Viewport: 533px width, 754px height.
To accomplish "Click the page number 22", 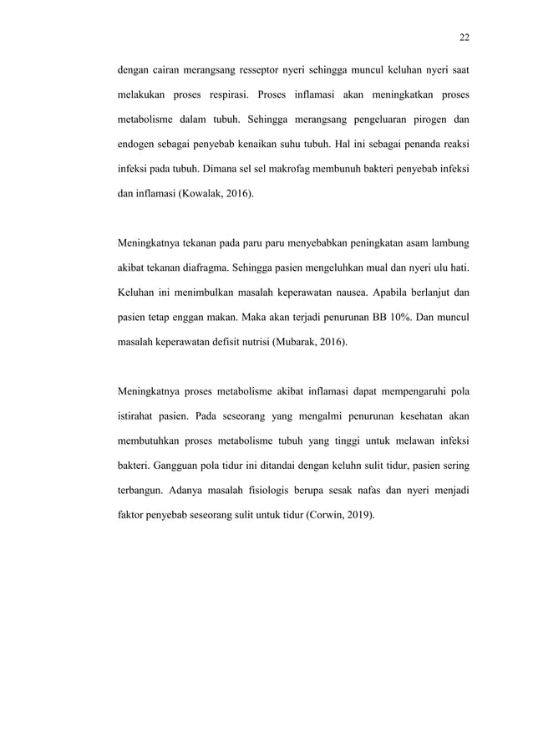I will pos(464,37).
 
